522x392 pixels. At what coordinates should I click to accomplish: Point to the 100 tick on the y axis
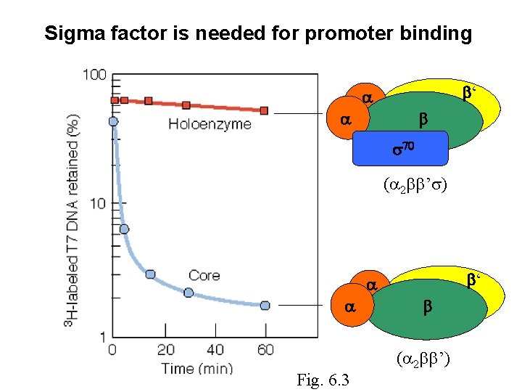coord(94,75)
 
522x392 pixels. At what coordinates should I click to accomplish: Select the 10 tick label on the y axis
coord(97,203)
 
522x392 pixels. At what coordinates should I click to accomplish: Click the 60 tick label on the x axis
coord(265,350)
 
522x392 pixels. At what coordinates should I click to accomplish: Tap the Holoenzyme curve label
coord(210,124)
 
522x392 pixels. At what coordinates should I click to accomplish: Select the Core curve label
coord(204,275)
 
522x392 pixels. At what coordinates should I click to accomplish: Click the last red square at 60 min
coord(265,110)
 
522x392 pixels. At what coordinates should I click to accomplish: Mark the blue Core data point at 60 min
coord(265,306)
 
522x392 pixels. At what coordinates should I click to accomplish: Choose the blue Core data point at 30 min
coord(188,293)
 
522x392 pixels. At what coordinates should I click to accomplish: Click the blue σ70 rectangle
coord(399,149)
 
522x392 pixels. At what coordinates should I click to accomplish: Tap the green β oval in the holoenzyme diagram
coord(428,120)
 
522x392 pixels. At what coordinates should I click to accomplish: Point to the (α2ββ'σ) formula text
coord(415,185)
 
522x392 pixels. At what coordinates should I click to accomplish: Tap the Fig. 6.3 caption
coord(323,380)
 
